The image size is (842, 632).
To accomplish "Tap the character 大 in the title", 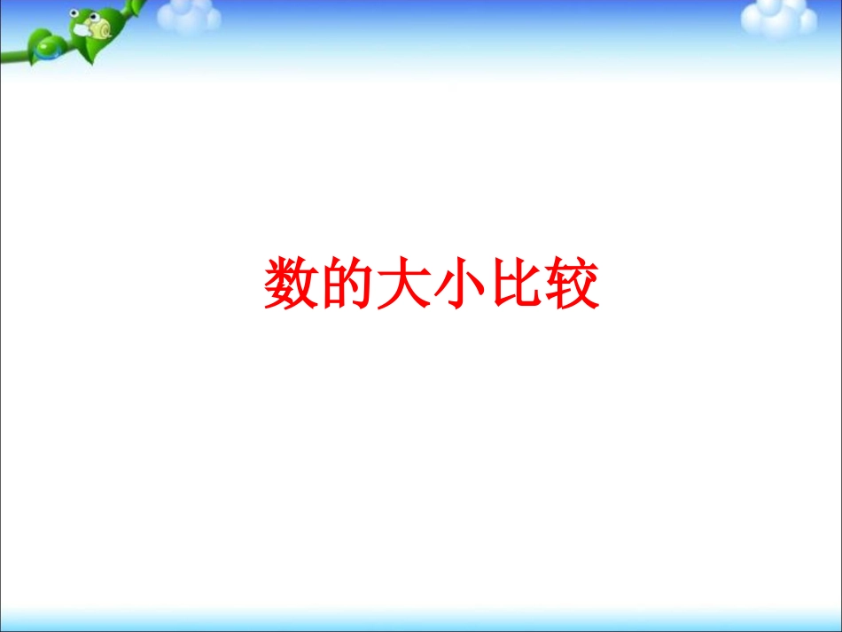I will point(404,284).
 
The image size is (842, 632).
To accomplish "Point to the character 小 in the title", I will point(460,284).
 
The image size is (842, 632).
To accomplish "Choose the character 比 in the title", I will point(517,284).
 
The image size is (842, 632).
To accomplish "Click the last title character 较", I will point(573,284).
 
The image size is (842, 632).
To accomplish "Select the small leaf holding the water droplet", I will point(44,44).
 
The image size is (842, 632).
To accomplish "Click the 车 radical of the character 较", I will point(558,284).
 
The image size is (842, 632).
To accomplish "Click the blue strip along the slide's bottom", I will point(421,621).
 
